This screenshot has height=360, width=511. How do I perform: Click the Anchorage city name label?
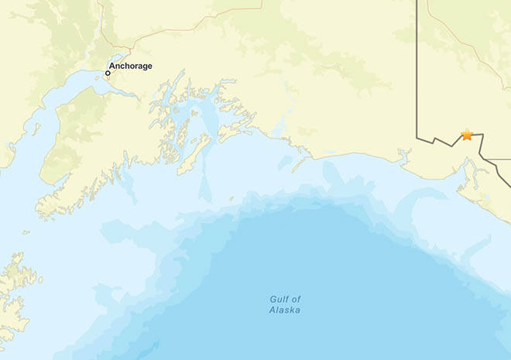(x=131, y=66)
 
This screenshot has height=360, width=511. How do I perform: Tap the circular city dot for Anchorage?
(x=108, y=74)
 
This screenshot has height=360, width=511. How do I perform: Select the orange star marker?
(x=467, y=135)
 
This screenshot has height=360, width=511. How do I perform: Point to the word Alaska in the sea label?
(x=285, y=310)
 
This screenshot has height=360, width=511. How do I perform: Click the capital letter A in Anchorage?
(x=112, y=66)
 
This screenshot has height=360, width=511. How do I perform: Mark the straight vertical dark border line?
(x=418, y=70)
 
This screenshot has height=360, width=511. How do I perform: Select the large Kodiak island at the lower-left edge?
(x=14, y=290)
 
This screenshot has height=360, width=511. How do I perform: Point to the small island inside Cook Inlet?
(x=36, y=129)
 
